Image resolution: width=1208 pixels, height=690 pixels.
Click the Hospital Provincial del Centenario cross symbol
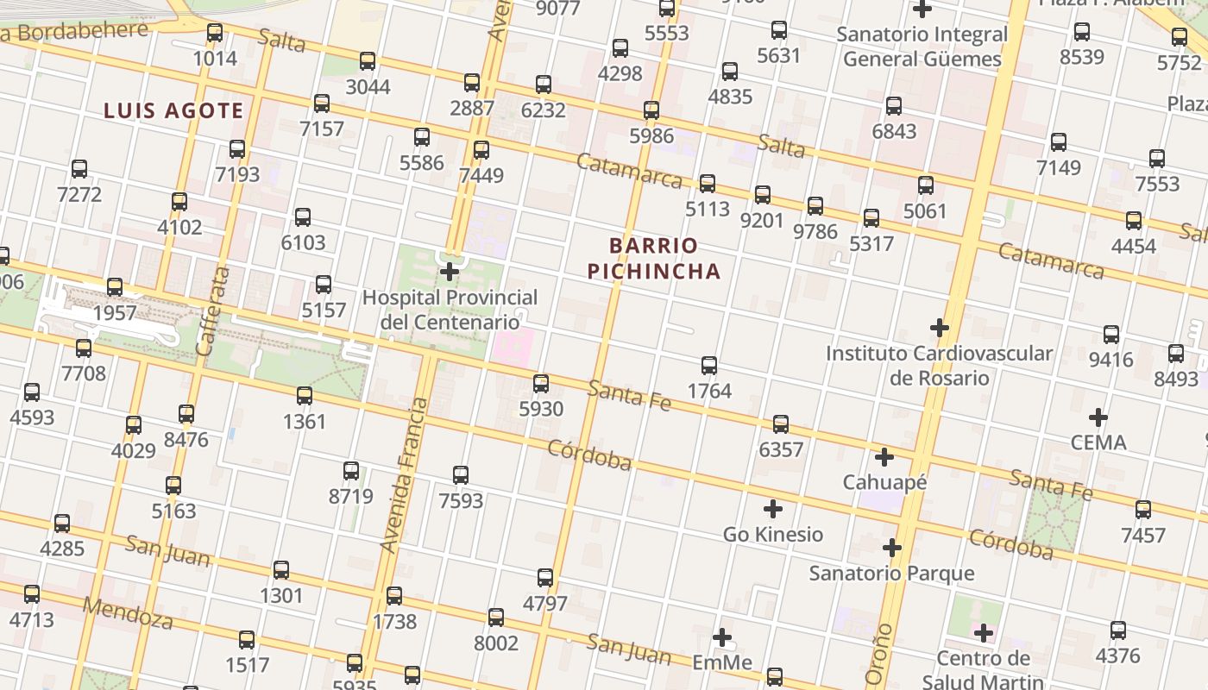pos(450,273)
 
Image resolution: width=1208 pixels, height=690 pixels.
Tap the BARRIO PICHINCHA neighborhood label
pos(653,259)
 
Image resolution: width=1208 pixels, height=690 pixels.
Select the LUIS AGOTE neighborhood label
pos(173,110)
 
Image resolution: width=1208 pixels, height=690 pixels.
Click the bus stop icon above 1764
pos(709,366)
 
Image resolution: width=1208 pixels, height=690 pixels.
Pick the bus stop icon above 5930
pos(541,384)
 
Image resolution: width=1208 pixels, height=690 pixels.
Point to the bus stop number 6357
pos(781,449)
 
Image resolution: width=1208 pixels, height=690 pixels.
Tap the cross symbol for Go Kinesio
pos(773,509)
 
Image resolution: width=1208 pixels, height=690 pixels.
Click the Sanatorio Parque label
pos(891,573)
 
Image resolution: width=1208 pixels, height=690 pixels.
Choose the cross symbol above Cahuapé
pos(884,457)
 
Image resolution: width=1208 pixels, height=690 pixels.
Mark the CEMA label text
pos(1098,442)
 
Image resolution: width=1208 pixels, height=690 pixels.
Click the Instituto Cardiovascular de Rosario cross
pos(940,328)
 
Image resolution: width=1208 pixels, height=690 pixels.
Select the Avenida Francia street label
pos(404,474)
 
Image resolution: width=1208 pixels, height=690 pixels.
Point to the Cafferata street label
pos(212,310)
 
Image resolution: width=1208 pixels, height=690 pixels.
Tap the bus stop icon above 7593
pos(461,475)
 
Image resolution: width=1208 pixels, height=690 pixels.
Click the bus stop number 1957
pos(115,312)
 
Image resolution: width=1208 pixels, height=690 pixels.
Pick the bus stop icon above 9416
pos(1111,335)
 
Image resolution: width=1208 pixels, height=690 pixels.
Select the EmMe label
pos(722,662)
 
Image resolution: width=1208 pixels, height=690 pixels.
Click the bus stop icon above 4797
pos(545,578)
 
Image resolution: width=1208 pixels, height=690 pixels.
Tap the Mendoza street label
pos(128,612)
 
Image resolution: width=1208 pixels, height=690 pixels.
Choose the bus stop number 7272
pos(79,194)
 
